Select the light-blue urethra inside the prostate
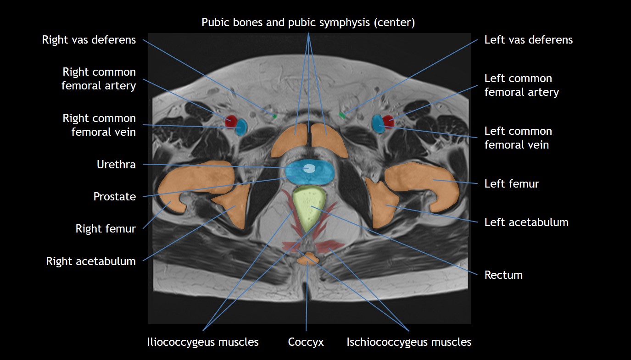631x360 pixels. [x=309, y=169]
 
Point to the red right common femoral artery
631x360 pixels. [x=231, y=121]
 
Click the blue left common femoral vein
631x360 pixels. [x=378, y=124]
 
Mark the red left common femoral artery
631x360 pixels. [x=389, y=122]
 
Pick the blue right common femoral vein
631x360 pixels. [x=241, y=127]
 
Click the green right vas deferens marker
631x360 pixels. [x=274, y=116]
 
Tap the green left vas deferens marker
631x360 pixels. [x=342, y=115]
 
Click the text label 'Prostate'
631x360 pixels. [x=114, y=197]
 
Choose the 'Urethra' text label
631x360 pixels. [x=116, y=164]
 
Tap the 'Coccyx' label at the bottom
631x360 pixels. [x=306, y=342]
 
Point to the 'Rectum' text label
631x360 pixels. [x=503, y=275]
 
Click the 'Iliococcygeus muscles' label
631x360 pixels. [x=202, y=342]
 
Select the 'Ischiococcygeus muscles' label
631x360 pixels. [x=409, y=342]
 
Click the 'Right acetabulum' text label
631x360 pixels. [x=91, y=261]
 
